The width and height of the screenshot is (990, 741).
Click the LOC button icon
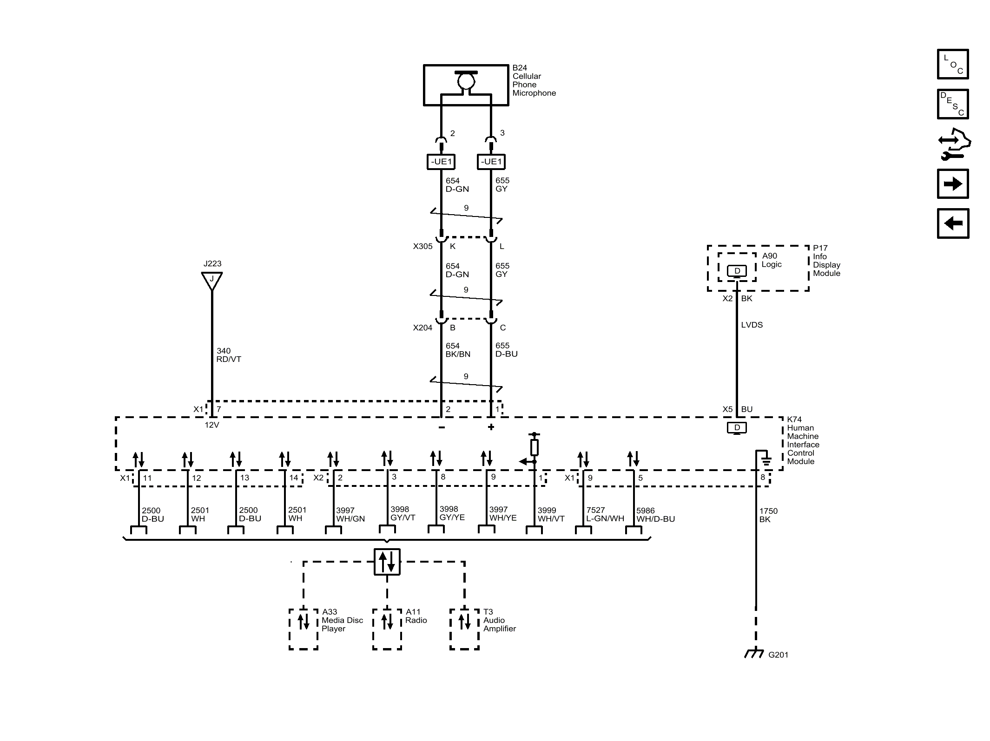tap(953, 64)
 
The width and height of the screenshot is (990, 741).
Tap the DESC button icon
tap(953, 104)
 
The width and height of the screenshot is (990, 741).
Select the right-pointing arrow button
tap(953, 184)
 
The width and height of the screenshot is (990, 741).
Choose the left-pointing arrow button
tap(953, 223)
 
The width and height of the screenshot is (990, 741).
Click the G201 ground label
tap(778, 655)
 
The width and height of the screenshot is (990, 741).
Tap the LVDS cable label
tap(752, 325)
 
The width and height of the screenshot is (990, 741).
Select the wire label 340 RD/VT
tap(228, 355)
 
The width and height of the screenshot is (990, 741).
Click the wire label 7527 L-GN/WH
tap(605, 514)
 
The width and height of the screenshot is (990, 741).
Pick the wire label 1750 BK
tap(768, 515)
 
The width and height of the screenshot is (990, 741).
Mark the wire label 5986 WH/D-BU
tap(655, 514)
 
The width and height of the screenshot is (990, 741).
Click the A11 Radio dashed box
tap(387, 629)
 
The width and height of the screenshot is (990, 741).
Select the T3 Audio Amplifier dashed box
tap(464, 629)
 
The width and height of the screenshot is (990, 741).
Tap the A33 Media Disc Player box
tap(304, 629)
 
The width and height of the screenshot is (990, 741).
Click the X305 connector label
tap(422, 246)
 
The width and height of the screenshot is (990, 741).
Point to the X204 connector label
tap(422, 328)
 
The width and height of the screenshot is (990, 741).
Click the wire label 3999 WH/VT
tap(551, 514)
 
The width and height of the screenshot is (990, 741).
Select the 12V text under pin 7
tap(211, 425)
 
